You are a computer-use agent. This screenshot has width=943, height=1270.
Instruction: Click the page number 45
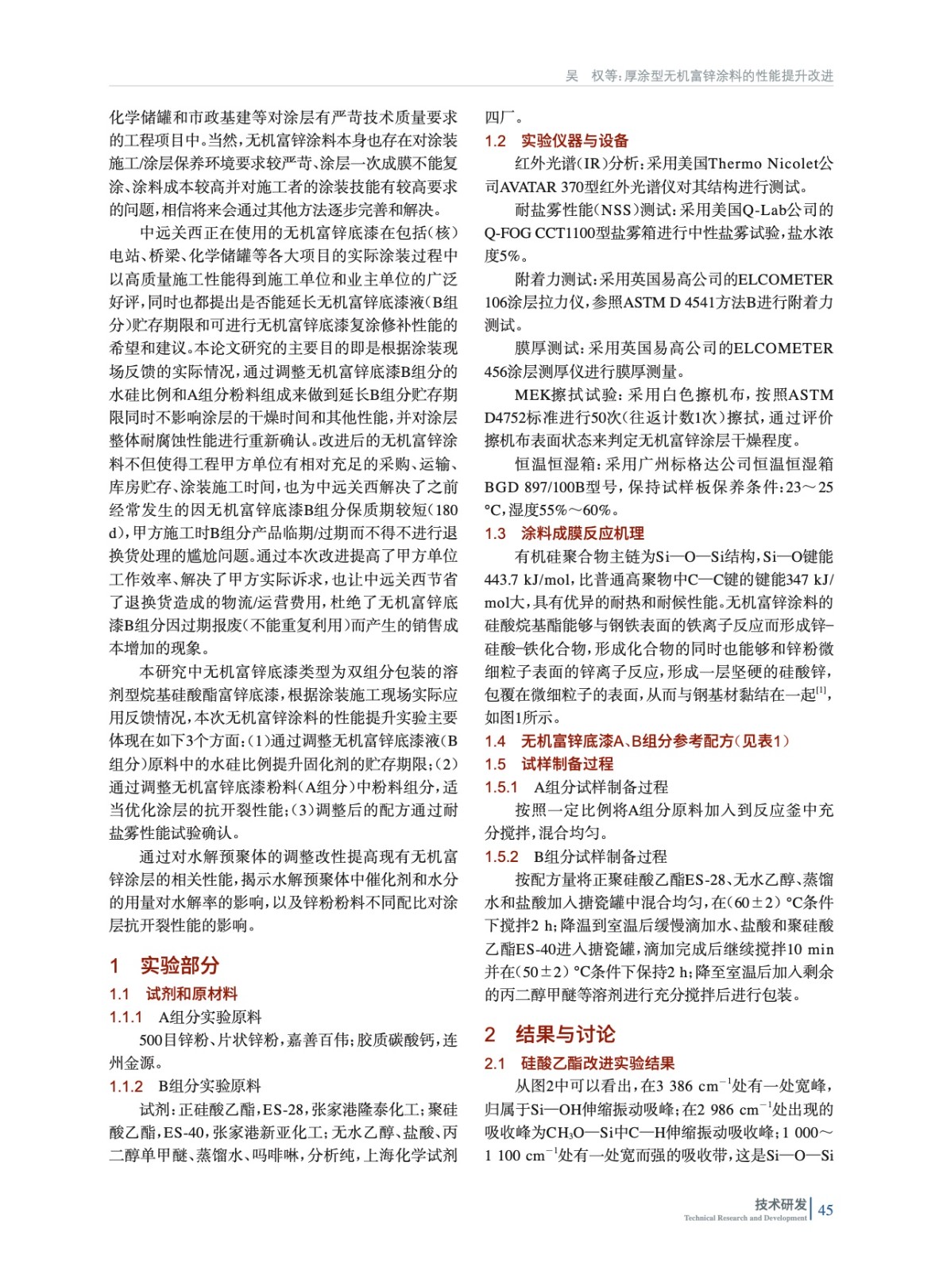click(825, 1210)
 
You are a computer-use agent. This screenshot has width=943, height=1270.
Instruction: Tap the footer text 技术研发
click(780, 1203)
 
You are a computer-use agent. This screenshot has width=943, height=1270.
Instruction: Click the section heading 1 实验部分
click(164, 965)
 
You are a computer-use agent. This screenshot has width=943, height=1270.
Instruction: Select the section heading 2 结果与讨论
click(550, 1034)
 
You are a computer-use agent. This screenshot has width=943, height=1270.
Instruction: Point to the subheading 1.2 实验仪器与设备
click(556, 140)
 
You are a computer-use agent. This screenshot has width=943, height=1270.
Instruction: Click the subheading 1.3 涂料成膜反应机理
click(564, 533)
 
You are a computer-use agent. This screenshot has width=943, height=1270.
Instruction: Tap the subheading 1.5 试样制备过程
click(549, 764)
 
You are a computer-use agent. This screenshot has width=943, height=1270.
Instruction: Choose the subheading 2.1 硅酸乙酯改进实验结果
click(579, 1063)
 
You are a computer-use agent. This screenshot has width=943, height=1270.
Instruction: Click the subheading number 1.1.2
click(126, 1086)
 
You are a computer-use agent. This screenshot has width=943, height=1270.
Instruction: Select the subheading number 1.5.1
click(501, 787)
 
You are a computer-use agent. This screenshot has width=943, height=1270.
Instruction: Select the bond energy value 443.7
click(501, 579)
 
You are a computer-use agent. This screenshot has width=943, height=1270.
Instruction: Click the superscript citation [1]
click(821, 691)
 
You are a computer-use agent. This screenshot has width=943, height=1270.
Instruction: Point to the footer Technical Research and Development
click(744, 1218)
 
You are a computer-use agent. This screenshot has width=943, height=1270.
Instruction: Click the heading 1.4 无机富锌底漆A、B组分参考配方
click(637, 741)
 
